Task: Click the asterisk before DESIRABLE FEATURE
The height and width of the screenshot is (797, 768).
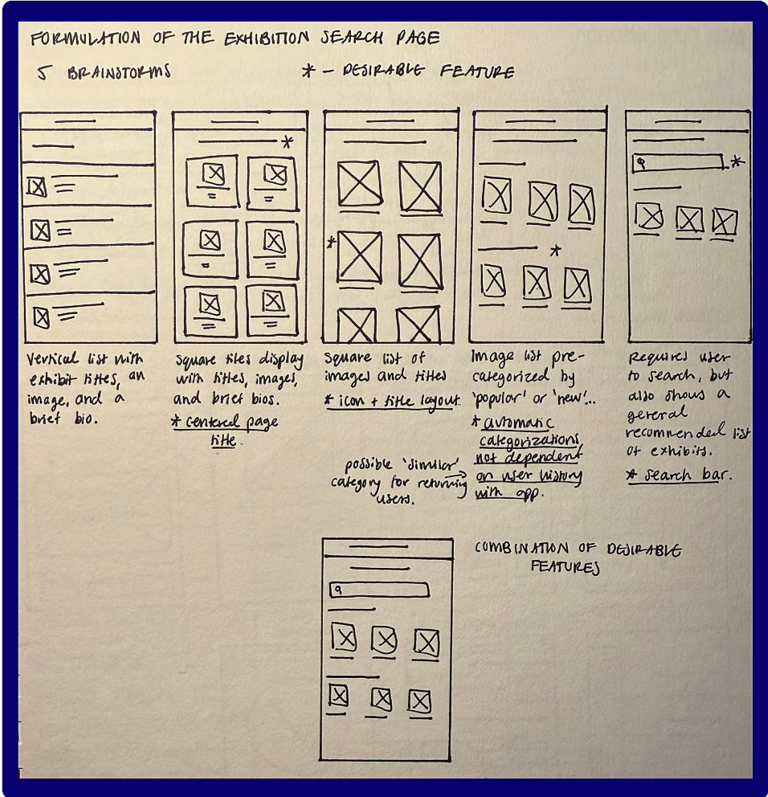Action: pos(307,72)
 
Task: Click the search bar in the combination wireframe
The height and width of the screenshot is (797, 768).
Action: pos(378,591)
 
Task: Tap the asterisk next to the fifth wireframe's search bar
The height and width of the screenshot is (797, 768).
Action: pos(737,162)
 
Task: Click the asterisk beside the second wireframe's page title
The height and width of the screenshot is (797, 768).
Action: pos(287,143)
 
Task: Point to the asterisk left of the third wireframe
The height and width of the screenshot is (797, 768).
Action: pos(330,242)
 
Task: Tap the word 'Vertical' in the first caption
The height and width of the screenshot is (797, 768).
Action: pos(53,359)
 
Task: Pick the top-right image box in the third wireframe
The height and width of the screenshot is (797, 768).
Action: pos(419,186)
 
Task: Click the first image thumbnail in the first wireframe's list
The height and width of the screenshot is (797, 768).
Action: pos(36,187)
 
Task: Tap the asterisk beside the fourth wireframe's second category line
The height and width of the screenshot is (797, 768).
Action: pos(554,251)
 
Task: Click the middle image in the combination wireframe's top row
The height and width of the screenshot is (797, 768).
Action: pos(384,640)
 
